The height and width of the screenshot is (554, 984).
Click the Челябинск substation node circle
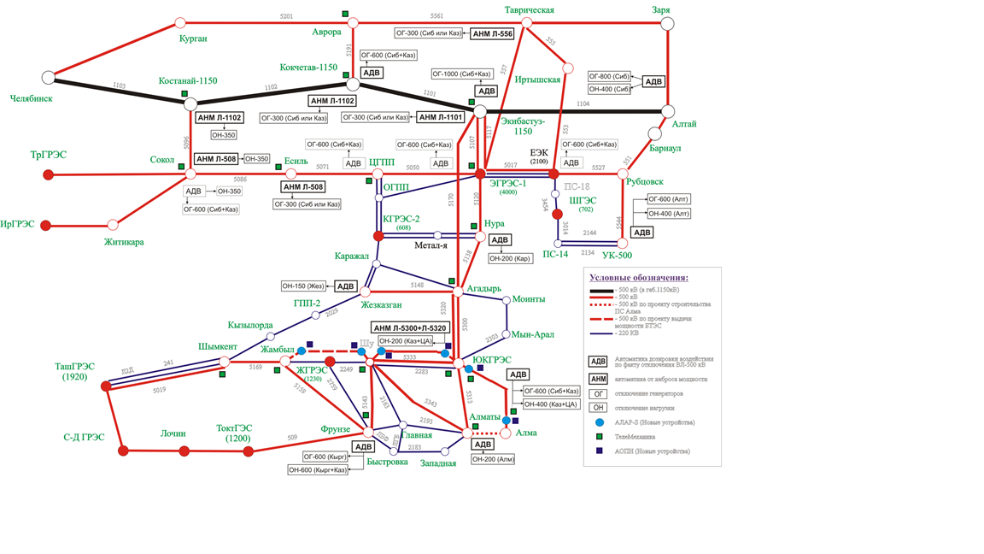coord(49,78)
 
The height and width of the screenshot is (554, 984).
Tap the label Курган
coord(193,38)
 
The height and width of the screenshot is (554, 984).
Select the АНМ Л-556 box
coord(493,34)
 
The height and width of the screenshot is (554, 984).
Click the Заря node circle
coord(667,23)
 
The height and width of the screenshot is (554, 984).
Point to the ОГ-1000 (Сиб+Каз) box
coord(462,74)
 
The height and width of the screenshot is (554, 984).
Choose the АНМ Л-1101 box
coord(441,117)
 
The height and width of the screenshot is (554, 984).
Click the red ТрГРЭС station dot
coord(49,174)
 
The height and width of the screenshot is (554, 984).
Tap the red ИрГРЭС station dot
coord(46,226)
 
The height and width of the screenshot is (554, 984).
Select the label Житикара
coord(124,242)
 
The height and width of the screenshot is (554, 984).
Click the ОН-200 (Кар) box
coord(510,258)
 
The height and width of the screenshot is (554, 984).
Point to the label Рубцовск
coord(644,181)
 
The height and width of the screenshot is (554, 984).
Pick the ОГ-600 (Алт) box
coord(669,199)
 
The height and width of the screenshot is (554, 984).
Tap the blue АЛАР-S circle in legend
coord(600,422)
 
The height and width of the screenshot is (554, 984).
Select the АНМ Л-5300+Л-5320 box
coord(410,328)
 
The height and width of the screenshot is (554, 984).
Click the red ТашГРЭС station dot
coord(106,386)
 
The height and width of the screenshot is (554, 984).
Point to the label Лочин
coord(173,433)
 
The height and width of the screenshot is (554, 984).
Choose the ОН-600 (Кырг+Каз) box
coord(319,470)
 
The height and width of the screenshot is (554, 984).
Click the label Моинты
coord(529,299)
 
